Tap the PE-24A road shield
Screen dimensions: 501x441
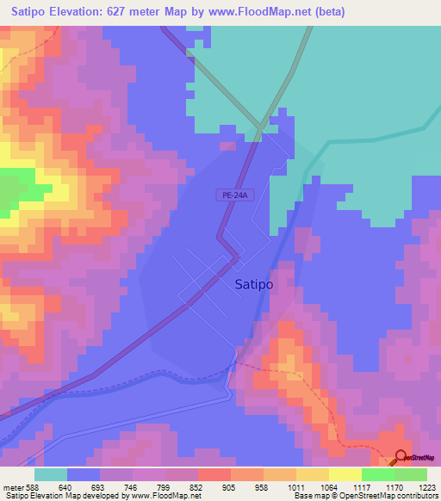(233, 195)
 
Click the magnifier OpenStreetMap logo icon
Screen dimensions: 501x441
(401, 458)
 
